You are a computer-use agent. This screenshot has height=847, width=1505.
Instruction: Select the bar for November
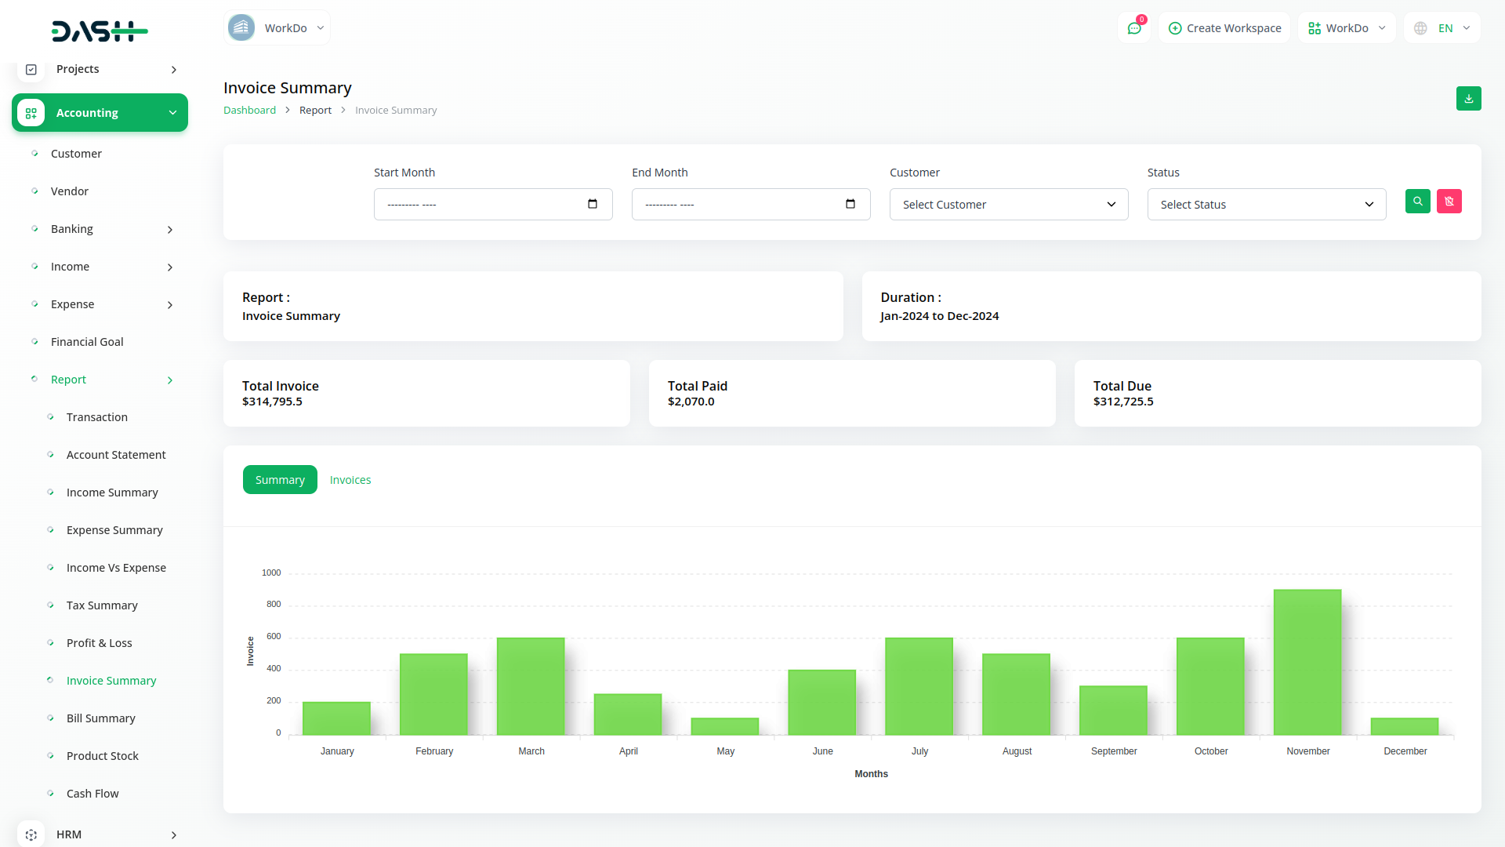(1307, 663)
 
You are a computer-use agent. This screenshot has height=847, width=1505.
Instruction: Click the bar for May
(725, 726)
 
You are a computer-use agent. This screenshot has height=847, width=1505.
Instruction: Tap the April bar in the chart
(628, 714)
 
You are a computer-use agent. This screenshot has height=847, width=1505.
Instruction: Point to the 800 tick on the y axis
(274, 605)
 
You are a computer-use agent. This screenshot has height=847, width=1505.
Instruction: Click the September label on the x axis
(1114, 751)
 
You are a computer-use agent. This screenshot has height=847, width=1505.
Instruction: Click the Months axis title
(871, 774)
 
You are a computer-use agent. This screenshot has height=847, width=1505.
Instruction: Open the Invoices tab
(350, 480)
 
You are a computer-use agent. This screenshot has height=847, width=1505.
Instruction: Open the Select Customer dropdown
(1009, 205)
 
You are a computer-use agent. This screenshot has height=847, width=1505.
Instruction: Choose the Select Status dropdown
(1267, 205)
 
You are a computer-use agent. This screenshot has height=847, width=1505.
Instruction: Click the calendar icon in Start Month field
(593, 205)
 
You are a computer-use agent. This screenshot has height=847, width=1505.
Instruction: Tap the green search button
(1418, 202)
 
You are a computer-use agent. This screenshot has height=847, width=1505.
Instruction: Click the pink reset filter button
(1449, 202)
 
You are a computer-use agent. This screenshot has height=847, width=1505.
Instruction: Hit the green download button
(1469, 99)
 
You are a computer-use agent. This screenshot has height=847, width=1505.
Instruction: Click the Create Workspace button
(1224, 28)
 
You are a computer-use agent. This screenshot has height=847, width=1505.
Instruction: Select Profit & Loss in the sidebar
(100, 643)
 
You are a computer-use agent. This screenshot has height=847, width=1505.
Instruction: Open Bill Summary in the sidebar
(101, 718)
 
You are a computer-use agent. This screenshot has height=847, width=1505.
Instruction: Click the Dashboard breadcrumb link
(249, 111)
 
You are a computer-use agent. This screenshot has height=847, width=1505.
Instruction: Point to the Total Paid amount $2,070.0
(691, 402)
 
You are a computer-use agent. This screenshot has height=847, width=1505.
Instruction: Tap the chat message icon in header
(1134, 28)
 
